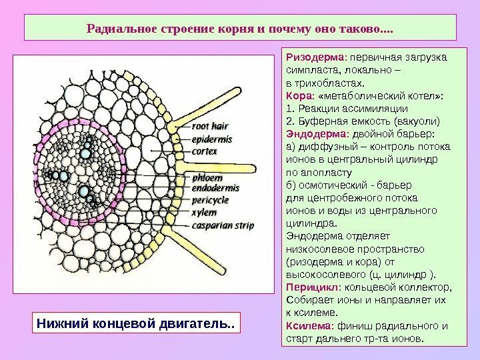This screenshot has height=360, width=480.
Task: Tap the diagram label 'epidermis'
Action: [x=211, y=140]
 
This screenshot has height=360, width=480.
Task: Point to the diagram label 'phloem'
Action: [x=207, y=178]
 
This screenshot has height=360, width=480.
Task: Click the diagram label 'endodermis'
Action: [x=215, y=189]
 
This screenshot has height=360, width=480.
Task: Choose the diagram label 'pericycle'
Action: [x=211, y=200]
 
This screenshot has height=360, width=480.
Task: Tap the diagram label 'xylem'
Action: [x=203, y=213]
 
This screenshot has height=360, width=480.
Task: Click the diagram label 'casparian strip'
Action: [x=223, y=226]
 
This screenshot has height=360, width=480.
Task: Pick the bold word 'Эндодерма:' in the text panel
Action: [x=313, y=133]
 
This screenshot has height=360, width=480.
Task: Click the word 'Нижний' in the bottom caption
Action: [x=61, y=325]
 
